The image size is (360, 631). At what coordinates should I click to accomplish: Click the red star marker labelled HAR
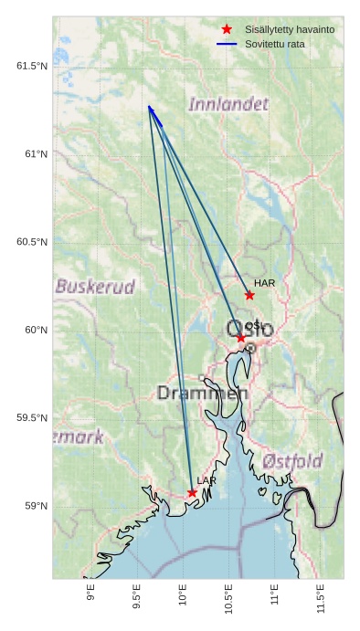click(249, 295)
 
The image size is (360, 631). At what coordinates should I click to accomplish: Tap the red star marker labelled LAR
click(192, 493)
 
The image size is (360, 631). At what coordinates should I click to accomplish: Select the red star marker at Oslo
click(240, 338)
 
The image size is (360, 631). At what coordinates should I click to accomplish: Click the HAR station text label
click(265, 283)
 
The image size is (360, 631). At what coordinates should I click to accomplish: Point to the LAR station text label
click(206, 480)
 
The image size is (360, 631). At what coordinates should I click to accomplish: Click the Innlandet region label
click(228, 104)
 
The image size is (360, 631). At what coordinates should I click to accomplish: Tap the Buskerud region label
click(95, 287)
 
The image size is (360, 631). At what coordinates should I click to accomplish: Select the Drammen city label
click(202, 394)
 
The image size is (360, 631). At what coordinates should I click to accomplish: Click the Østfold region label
click(292, 461)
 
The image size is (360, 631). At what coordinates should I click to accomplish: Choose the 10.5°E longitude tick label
click(228, 598)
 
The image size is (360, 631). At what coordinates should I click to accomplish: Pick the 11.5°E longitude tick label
click(321, 598)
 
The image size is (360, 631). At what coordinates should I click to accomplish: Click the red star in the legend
click(227, 29)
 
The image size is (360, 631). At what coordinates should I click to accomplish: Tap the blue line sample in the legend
click(227, 44)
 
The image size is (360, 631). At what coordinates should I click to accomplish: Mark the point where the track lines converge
click(149, 106)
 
